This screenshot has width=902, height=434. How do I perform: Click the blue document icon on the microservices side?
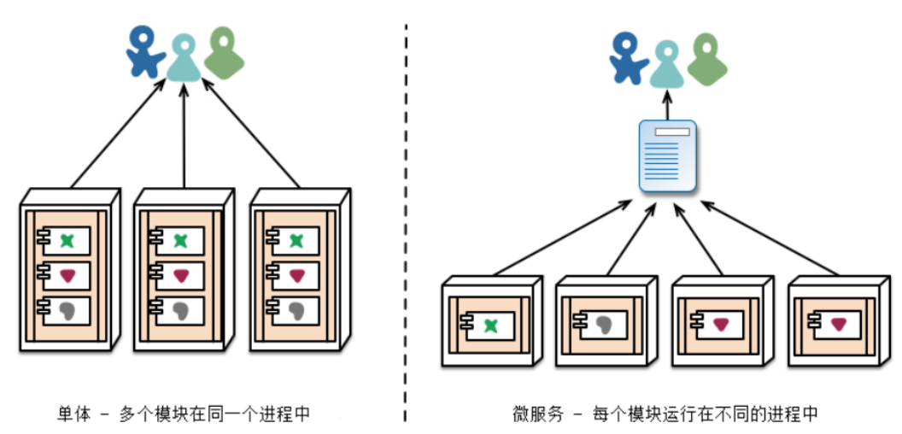point(668,155)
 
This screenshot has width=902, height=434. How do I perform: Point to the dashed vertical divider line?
point(405,214)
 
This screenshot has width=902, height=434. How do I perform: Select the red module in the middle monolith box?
point(181,275)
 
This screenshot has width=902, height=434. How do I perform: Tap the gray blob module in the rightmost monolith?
point(296,308)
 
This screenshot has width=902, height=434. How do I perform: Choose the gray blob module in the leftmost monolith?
point(67,308)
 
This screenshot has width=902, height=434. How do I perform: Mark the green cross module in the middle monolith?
point(181,241)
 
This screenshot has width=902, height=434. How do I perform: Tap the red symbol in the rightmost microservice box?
point(840,323)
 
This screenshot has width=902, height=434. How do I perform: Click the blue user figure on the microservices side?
point(629,58)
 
